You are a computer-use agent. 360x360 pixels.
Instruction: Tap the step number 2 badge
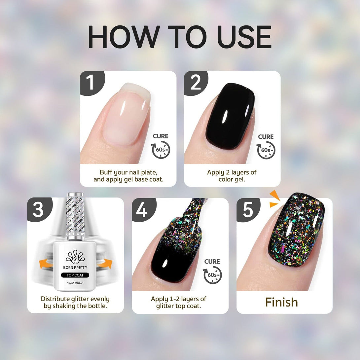pos(196,82)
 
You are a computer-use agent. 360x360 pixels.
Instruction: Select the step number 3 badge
pos(39,209)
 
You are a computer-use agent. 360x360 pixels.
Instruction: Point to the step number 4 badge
pos(143,209)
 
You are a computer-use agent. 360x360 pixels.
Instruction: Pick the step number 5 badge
pos(248,209)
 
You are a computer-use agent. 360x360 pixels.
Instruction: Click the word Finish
pos(281,302)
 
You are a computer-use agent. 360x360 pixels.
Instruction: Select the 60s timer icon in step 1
pos(161,150)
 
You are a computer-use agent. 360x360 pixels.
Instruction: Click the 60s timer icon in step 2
pos(266,150)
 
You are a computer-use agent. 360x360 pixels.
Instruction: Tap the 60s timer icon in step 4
pos(212,275)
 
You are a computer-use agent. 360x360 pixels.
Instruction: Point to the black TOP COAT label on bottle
pos(75,275)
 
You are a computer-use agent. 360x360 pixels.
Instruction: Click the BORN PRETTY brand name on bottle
pos(75,268)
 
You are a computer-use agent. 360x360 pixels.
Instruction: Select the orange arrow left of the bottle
pos(46,264)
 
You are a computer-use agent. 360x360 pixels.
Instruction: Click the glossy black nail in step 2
pos(230,116)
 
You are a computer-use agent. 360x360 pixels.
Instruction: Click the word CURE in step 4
pos(212,262)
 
